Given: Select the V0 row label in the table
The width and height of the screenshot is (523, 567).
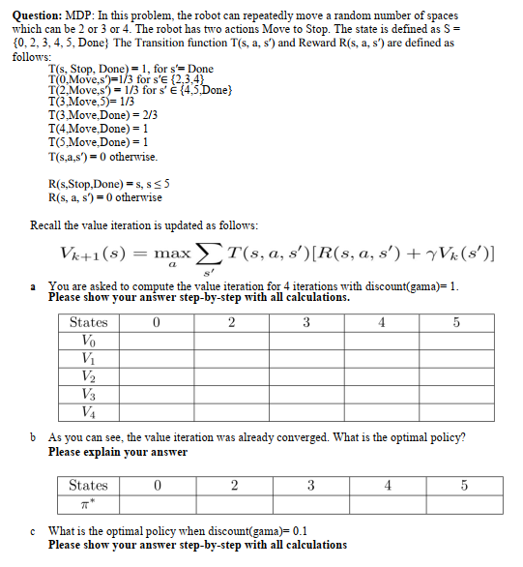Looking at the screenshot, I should click(89, 341).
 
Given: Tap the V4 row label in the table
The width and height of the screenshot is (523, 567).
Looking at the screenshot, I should click(89, 412).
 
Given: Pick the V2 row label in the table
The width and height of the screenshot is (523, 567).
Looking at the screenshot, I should click(89, 376).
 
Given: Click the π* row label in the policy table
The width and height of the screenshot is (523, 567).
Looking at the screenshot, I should click(89, 503).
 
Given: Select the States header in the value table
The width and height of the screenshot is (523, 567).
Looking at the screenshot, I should click(89, 322).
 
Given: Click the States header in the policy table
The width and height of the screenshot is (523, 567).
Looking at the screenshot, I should click(89, 486).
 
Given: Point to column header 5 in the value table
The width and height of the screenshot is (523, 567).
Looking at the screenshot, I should click(455, 322).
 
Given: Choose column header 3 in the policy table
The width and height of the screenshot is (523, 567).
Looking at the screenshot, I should click(308, 486).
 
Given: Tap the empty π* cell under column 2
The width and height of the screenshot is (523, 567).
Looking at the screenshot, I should click(232, 503).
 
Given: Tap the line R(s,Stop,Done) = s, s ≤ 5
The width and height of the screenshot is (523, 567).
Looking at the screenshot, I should click(115, 183).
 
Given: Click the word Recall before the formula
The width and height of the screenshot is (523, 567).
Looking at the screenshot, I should click(49, 225).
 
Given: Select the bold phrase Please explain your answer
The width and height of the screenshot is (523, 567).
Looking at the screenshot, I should click(118, 452).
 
